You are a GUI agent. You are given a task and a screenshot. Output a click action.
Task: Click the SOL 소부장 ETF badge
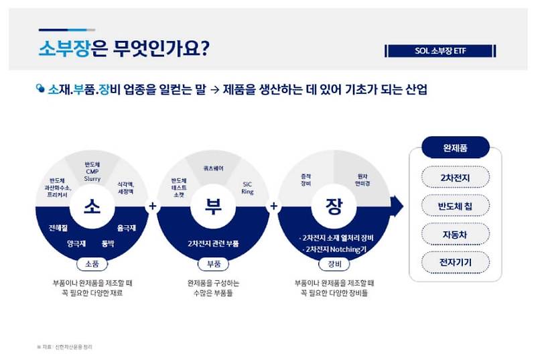pos(440,51)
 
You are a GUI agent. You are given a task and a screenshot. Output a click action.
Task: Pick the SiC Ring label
pos(248,187)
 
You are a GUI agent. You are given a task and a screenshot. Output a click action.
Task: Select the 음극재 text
pos(127,229)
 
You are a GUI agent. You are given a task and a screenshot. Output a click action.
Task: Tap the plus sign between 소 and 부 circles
pos(153,206)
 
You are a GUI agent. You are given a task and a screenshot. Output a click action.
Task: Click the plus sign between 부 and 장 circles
pos(273,206)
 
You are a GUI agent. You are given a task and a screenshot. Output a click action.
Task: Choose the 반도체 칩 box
pos(456,206)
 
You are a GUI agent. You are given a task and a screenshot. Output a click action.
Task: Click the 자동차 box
pos(456,234)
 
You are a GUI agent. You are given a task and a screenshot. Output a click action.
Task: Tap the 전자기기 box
pos(456,262)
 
